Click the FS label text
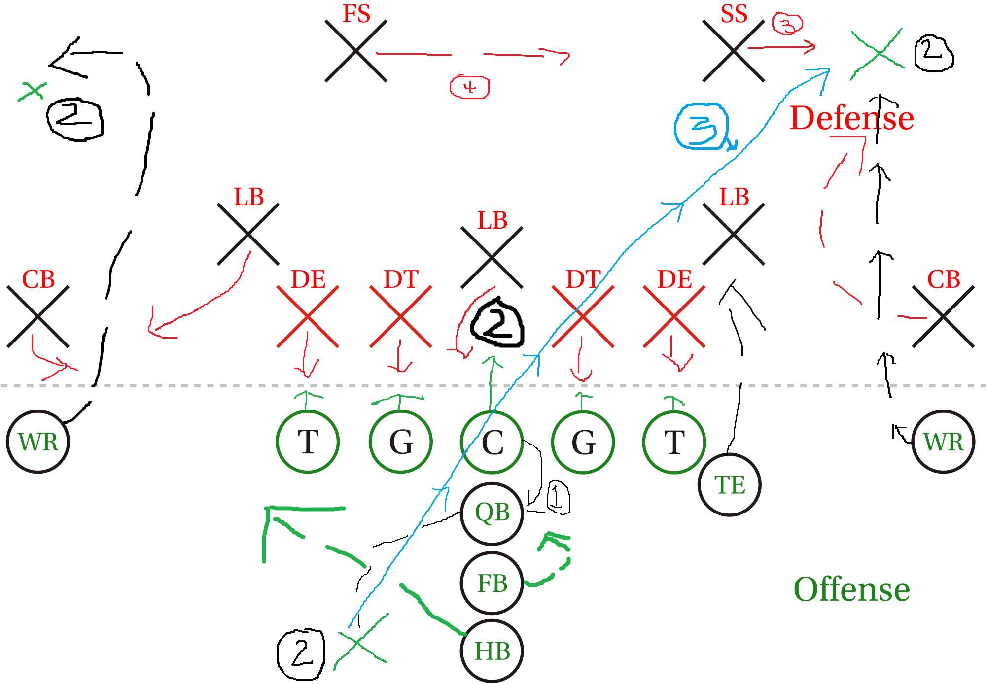click(356, 14)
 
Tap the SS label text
click(734, 14)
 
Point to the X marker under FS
click(356, 51)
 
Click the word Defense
click(852, 118)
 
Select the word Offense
click(852, 589)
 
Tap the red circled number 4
click(469, 87)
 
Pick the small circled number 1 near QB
click(559, 497)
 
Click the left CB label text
click(38, 279)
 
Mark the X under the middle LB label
click(492, 258)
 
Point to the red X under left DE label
click(308, 317)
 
